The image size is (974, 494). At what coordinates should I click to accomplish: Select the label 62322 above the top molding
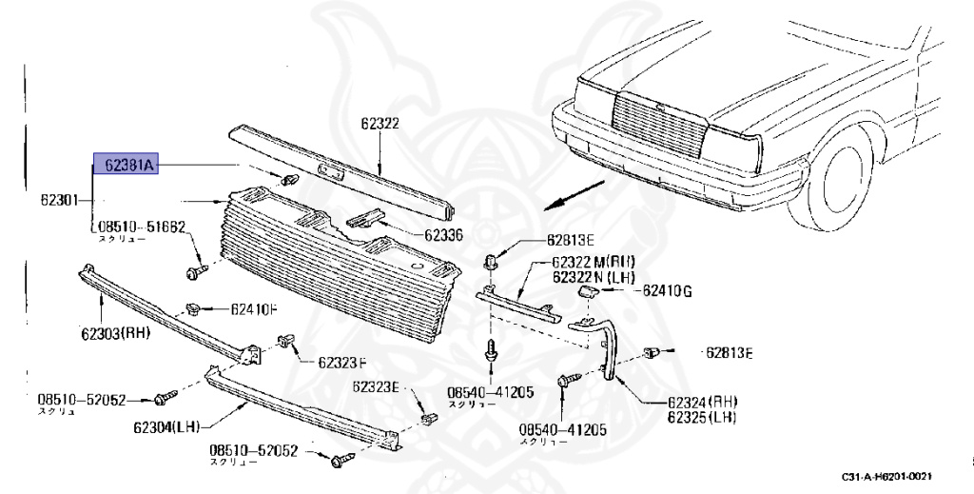coord(380,123)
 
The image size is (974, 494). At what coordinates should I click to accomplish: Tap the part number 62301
coord(62,201)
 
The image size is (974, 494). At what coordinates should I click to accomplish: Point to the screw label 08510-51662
coord(138,227)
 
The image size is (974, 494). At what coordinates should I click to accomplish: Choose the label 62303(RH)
coord(115,332)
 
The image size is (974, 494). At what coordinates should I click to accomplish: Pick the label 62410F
coord(254,308)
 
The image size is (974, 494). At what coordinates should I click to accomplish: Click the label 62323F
coord(342,362)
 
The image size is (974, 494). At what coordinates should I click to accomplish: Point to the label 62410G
coord(667,290)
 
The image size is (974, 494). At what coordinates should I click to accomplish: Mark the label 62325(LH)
coord(702,417)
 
